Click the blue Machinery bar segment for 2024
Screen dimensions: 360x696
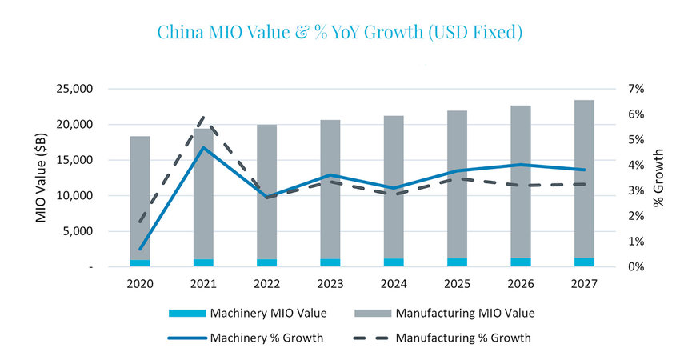tap(394, 262)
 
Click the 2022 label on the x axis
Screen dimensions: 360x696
tap(267, 283)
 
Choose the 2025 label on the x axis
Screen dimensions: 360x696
tap(457, 283)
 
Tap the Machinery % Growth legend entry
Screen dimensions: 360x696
tap(248, 338)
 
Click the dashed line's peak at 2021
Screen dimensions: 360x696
tap(204, 118)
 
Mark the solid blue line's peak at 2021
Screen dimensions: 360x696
tap(204, 147)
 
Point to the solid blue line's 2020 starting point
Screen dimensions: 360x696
tap(141, 249)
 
